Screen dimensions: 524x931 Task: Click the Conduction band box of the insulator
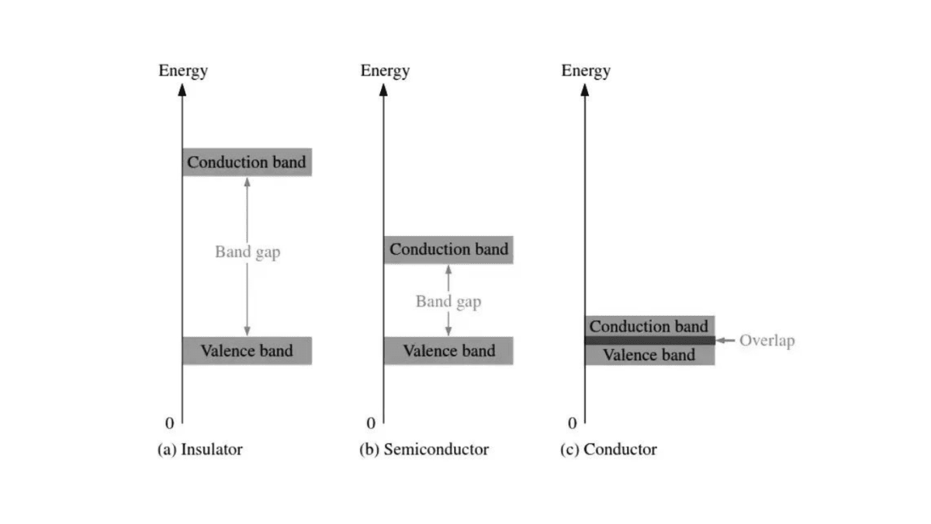tap(247, 162)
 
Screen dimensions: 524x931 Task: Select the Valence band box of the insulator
tap(247, 351)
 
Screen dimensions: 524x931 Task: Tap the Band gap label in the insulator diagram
tap(247, 252)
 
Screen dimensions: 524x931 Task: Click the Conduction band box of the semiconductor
tap(448, 249)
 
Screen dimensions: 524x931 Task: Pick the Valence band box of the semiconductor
tap(448, 351)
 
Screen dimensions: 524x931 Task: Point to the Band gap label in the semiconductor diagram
tap(448, 301)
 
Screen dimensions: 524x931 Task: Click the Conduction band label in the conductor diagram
tap(649, 326)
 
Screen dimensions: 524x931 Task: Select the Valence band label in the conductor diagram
tap(649, 356)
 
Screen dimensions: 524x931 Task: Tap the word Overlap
tap(767, 340)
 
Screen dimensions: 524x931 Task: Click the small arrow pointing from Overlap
tap(725, 340)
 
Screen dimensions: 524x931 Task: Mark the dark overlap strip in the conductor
tap(649, 340)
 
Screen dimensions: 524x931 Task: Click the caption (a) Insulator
tap(200, 449)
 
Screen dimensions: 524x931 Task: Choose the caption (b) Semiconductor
tap(424, 449)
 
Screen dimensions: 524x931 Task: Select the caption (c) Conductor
tap(608, 449)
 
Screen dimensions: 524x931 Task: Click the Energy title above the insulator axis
tap(183, 71)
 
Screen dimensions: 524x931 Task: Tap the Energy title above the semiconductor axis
tap(385, 71)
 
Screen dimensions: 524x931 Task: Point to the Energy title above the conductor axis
tap(586, 71)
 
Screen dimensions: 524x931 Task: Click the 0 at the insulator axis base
tap(169, 423)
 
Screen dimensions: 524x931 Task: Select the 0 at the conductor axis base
tap(573, 423)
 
